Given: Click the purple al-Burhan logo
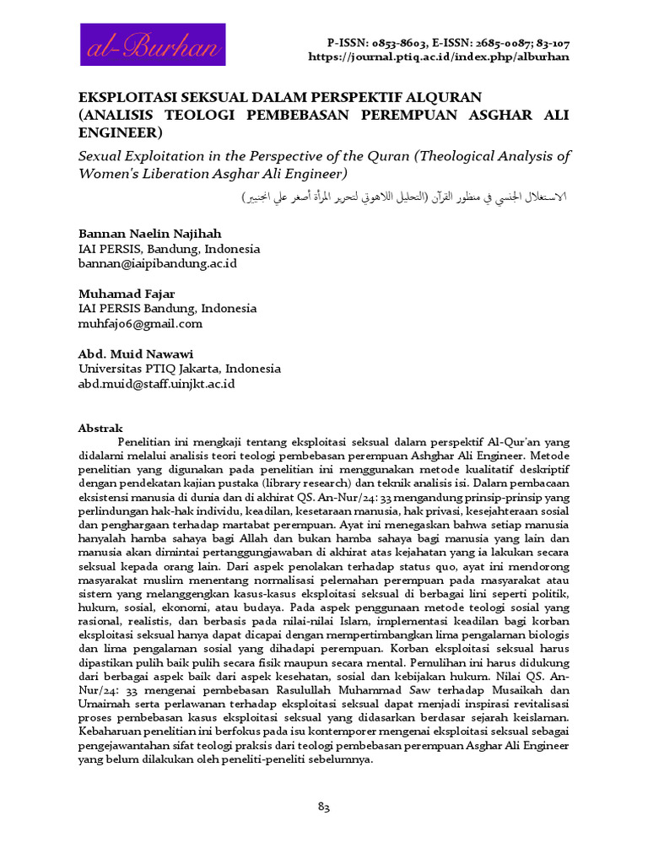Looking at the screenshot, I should tap(152, 45).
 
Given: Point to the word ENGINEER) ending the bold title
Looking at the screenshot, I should tap(119, 133).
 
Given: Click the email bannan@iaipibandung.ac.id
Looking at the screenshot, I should tap(158, 264).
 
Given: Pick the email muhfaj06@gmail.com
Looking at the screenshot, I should tap(140, 323).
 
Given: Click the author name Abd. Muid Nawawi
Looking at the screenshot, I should tap(137, 354).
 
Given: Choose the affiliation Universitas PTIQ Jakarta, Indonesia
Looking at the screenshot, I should tap(180, 369).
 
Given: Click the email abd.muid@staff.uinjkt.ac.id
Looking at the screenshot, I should tap(156, 383).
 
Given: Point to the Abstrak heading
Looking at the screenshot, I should tap(100, 428).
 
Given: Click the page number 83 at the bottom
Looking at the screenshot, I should tap(323, 807).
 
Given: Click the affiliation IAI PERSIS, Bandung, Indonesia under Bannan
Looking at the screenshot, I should tap(169, 250).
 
